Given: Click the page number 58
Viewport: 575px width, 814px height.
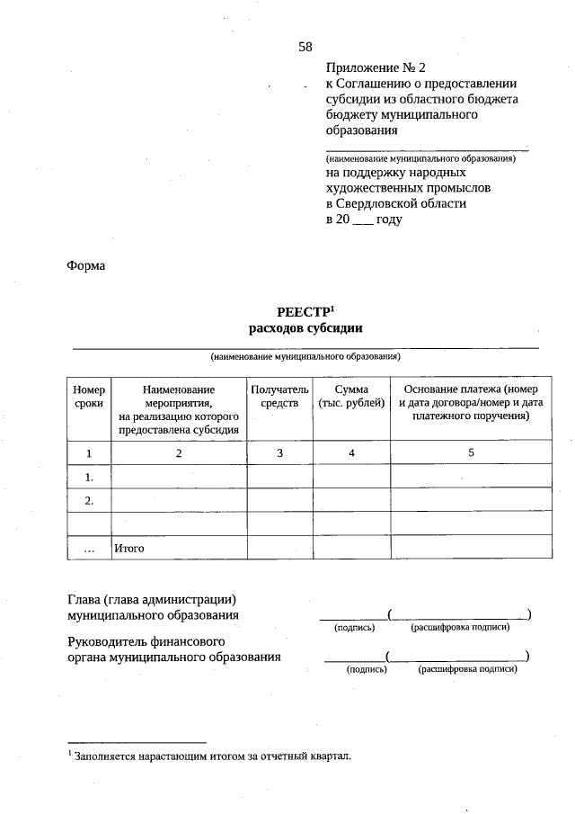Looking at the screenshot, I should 305,47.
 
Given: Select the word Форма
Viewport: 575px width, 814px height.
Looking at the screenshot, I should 86,266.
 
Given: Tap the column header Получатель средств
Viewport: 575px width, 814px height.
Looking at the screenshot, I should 279,397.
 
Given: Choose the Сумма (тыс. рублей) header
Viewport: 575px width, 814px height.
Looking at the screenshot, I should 352,397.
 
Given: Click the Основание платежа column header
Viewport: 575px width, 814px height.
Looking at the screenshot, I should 472,403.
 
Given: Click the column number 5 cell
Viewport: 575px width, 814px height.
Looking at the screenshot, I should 472,452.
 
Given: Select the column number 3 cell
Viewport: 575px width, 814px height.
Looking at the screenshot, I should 279,452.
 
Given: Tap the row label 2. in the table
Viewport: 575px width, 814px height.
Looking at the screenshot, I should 89,500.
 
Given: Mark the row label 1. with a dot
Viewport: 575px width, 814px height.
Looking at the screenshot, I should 89,477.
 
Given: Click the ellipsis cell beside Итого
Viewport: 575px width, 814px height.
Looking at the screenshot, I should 89,548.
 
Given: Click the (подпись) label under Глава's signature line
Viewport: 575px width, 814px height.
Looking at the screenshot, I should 354,627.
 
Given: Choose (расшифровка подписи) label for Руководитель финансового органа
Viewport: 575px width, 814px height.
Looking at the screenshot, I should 467,669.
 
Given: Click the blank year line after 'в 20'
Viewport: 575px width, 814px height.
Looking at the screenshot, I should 362,221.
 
